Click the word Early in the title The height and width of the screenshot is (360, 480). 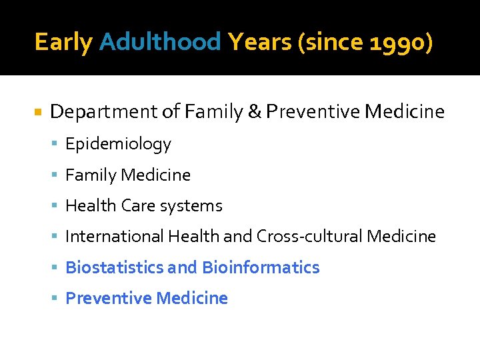[x=63, y=43]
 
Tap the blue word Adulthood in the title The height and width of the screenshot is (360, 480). [x=159, y=43]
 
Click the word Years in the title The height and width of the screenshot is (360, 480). [x=259, y=43]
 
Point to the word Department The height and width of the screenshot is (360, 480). [x=103, y=112]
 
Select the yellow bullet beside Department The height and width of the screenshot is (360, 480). [x=37, y=112]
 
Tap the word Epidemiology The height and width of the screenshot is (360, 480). [x=118, y=144]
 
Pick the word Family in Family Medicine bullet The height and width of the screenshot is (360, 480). [x=89, y=175]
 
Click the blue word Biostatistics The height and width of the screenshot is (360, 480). [x=114, y=267]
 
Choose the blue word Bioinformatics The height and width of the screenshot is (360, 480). [x=261, y=267]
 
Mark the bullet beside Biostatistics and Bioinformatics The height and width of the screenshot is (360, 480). [x=58, y=268]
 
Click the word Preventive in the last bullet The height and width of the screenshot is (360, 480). [x=108, y=298]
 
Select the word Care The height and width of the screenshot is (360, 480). [x=137, y=206]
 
